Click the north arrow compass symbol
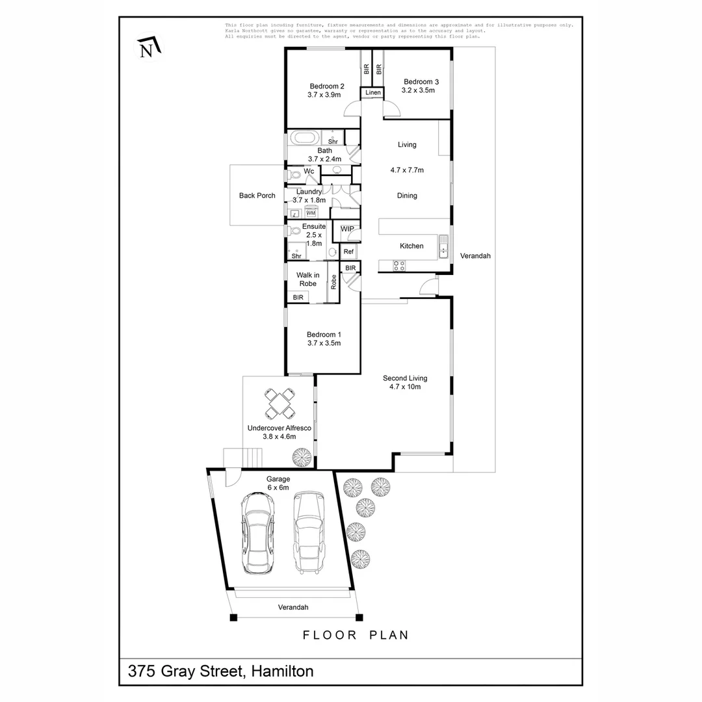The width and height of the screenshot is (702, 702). pyautogui.click(x=148, y=47)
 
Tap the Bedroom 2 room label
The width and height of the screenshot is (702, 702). pyautogui.click(x=326, y=90)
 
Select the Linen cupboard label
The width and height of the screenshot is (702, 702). pyautogui.click(x=372, y=93)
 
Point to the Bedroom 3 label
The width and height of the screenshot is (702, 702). pyautogui.click(x=421, y=86)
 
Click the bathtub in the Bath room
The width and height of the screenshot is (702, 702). pyautogui.click(x=304, y=138)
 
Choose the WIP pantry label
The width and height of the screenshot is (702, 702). pyautogui.click(x=347, y=229)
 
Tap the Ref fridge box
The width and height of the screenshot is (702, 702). pyautogui.click(x=348, y=252)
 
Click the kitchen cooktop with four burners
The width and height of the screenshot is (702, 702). pyautogui.click(x=399, y=265)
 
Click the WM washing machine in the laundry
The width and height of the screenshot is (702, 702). pyautogui.click(x=311, y=213)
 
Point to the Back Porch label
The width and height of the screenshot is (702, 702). pyautogui.click(x=257, y=196)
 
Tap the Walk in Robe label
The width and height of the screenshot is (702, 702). pyautogui.click(x=307, y=279)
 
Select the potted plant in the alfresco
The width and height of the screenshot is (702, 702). pyautogui.click(x=302, y=457)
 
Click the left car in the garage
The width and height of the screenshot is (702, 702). pyautogui.click(x=258, y=532)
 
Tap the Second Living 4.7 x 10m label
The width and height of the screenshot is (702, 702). pyautogui.click(x=405, y=382)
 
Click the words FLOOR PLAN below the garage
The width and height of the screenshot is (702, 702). pyautogui.click(x=356, y=635)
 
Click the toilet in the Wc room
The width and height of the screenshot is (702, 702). pyautogui.click(x=293, y=174)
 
